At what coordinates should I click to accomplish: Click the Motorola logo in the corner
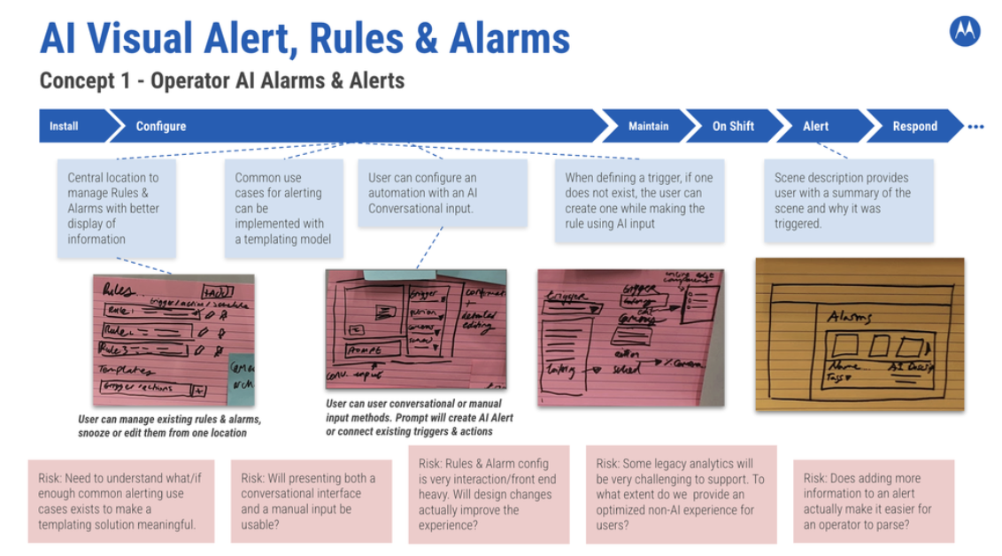tap(964, 33)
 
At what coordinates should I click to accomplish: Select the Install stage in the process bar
tap(64, 126)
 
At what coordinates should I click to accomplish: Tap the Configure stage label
tap(161, 126)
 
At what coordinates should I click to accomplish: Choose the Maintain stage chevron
tap(648, 126)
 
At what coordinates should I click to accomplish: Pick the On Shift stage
tap(733, 126)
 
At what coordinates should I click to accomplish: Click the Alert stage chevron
tap(815, 126)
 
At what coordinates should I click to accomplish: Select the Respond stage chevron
tap(914, 126)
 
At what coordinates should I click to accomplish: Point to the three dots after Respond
tap(975, 127)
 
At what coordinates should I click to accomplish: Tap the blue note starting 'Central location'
tap(113, 208)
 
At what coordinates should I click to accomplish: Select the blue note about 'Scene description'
tap(848, 200)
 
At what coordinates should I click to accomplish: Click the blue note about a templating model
tap(282, 208)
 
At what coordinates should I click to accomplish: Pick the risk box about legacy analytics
tap(681, 494)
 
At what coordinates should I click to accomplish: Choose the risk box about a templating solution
tap(120, 501)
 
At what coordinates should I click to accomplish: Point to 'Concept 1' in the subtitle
tap(90, 81)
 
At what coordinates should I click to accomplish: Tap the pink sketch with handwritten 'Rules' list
tap(173, 338)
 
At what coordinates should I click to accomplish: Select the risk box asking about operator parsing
tap(873, 501)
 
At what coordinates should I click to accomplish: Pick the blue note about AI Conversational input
tap(442, 193)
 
